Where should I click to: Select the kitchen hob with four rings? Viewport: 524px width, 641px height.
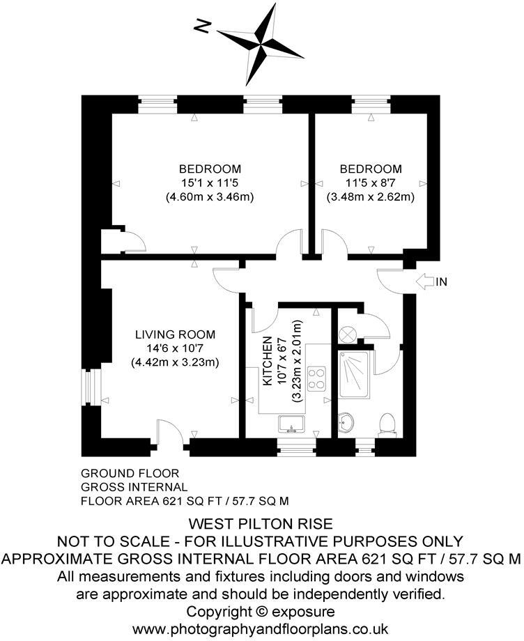point(316,377)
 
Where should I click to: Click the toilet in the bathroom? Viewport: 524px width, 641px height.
point(387,423)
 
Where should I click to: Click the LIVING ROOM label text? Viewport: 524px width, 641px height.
point(175,334)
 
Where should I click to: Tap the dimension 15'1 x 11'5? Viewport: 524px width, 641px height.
point(209,183)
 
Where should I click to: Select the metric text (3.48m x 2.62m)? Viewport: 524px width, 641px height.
point(370,196)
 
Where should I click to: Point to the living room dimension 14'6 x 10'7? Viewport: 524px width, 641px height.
point(175,348)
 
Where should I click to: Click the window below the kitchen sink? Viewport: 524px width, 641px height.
point(296,445)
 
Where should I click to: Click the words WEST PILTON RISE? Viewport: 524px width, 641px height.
point(261,523)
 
